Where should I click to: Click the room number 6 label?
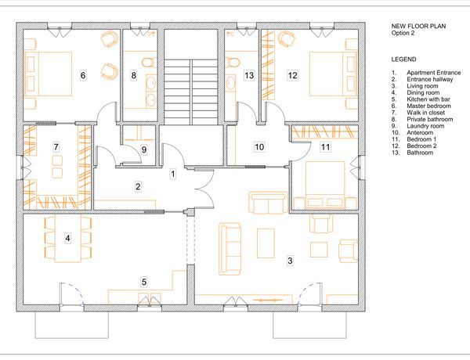(83, 75)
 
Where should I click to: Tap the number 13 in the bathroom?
(249, 75)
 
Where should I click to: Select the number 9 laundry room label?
(144, 149)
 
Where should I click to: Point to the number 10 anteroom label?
(259, 147)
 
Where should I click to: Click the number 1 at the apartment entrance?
(172, 174)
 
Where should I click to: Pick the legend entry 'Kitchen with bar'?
(428, 99)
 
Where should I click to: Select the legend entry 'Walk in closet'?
(425, 113)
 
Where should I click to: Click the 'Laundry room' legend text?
(425, 126)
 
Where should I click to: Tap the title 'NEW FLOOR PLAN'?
(418, 27)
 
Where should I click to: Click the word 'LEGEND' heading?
(403, 59)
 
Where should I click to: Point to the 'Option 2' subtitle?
(403, 33)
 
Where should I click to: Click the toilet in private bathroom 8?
(149, 63)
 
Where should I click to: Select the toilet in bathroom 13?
(233, 63)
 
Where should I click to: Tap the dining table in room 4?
(67, 239)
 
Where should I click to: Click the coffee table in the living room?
(266, 243)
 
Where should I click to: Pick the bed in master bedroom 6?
(48, 74)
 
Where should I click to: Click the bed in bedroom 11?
(324, 185)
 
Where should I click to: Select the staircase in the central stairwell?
(190, 92)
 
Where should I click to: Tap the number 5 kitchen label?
(144, 282)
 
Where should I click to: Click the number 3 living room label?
(290, 261)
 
